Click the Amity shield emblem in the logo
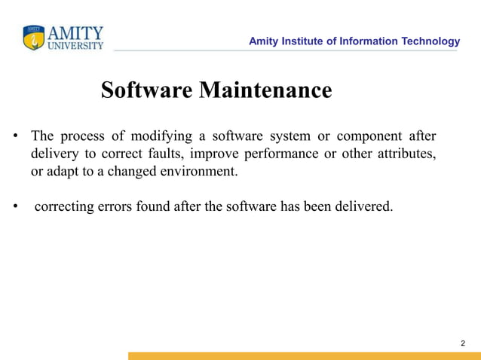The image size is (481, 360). [34, 38]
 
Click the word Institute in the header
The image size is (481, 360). [306, 41]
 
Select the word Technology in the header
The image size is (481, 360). [430, 41]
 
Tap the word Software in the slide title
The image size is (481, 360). [147, 90]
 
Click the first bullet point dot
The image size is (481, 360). [14, 138]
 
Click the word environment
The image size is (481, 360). [198, 172]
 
